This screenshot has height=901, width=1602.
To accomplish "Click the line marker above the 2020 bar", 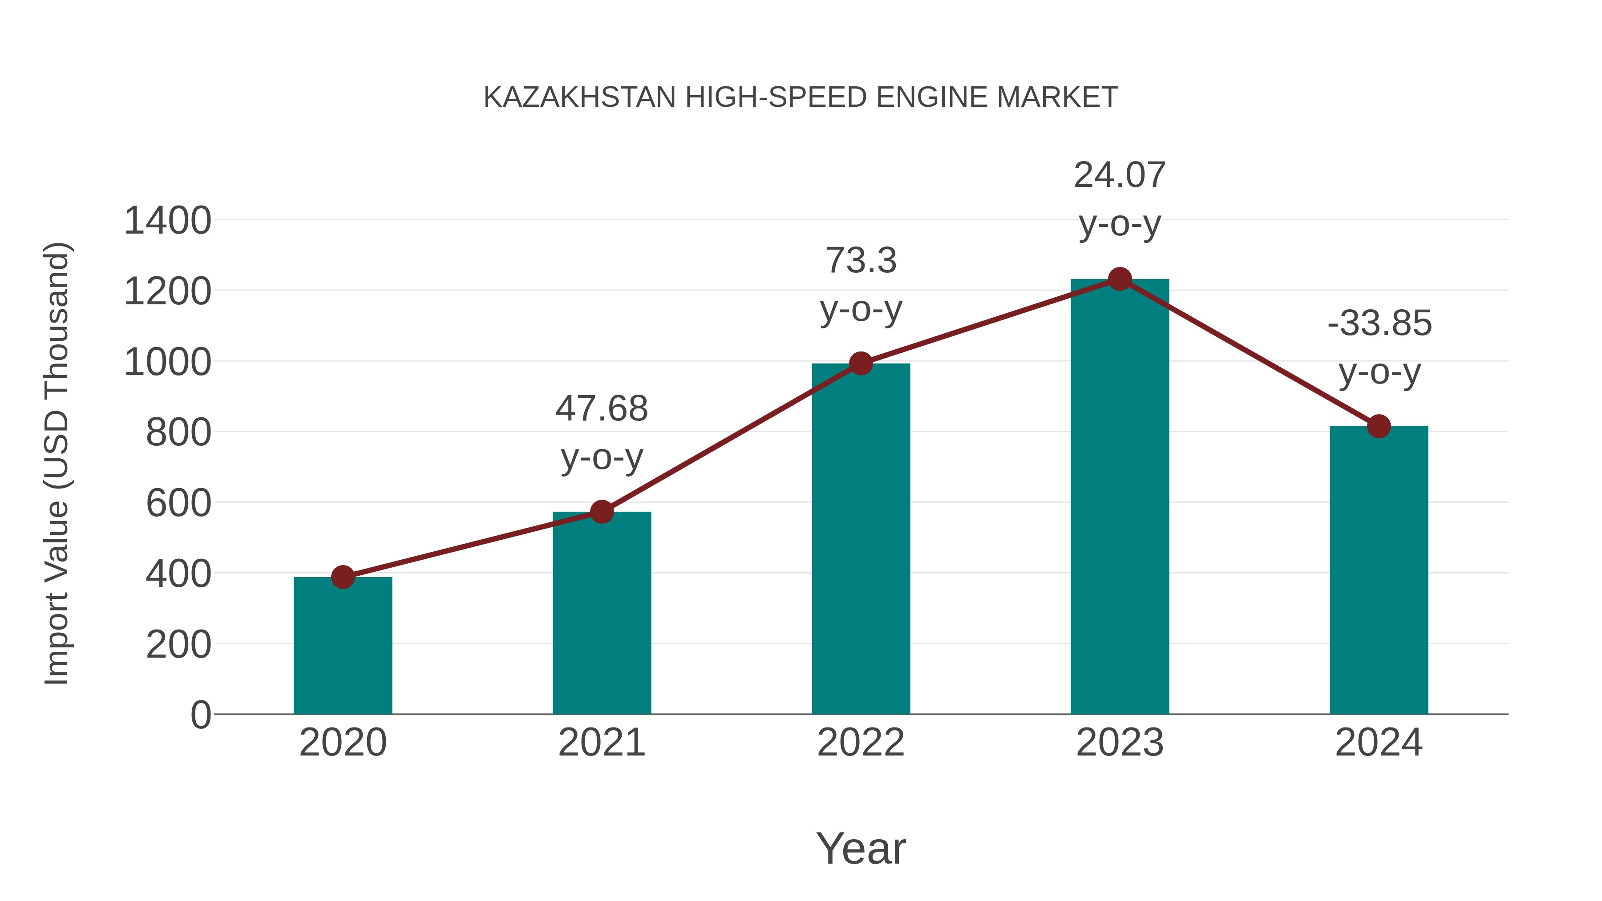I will [x=343, y=577].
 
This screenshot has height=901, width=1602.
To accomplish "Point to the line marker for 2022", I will [x=861, y=363].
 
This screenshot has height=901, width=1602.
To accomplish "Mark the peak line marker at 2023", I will [x=1120, y=279].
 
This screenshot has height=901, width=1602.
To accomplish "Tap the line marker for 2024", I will [x=1379, y=427].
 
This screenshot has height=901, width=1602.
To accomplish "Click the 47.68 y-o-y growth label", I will [x=601, y=433].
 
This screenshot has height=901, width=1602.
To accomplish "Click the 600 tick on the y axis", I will [x=178, y=503].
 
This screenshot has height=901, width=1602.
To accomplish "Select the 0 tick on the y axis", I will [x=200, y=715].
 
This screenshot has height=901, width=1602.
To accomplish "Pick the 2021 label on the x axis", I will [x=601, y=743].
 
